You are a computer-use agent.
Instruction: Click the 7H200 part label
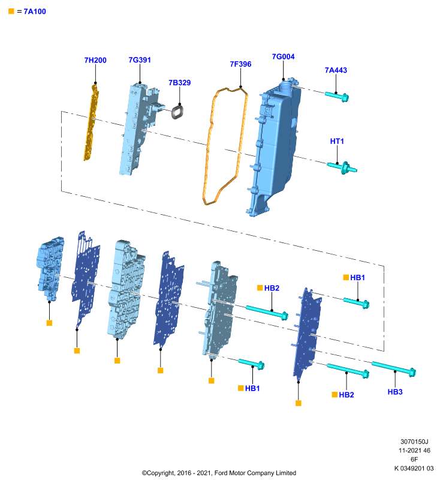95,61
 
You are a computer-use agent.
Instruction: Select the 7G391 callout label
140,60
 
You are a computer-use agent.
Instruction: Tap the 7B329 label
180,83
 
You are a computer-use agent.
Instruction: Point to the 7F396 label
240,64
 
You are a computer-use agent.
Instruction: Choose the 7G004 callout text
283,56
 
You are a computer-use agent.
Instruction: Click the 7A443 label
336,70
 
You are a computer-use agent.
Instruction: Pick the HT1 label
337,141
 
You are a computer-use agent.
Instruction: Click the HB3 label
395,392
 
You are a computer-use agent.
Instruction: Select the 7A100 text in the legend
35,11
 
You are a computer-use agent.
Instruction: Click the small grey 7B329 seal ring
177,112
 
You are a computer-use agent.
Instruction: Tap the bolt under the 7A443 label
337,96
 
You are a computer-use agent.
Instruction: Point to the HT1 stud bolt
342,167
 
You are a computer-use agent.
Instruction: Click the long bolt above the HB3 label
394,368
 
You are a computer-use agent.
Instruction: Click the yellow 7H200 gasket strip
92,122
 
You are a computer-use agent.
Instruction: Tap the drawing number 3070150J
414,442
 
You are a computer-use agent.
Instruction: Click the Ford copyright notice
219,473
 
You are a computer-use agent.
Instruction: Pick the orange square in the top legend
11,11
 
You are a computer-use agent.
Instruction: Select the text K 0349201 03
414,469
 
